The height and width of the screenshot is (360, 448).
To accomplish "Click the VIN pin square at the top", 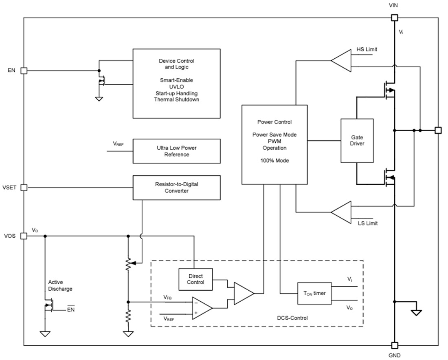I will (394, 18).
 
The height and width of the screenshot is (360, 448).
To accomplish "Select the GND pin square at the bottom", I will (394, 345).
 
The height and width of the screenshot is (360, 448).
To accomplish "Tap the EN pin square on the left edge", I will (24, 71).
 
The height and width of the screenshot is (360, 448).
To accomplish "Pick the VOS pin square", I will (24, 236).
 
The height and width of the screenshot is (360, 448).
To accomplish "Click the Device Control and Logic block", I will (176, 84).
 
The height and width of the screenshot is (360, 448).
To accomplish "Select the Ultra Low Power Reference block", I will (176, 151).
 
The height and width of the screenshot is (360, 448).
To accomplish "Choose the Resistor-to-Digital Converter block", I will (176, 188).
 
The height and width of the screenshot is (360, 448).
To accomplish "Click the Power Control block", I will (274, 144).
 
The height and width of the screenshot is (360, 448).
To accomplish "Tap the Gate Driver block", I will (357, 141).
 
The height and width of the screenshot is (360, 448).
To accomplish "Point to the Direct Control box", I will (195, 279).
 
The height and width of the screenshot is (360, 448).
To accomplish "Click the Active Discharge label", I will (60, 285).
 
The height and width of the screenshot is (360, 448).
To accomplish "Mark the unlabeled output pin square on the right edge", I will (438, 130).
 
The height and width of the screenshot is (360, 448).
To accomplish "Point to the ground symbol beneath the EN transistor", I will (99, 98).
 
